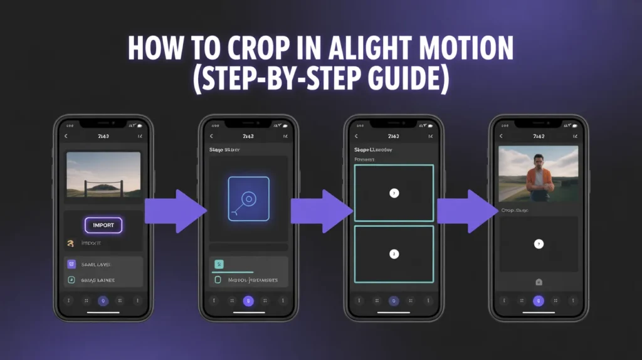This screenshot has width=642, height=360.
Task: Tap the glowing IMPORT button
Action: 103,225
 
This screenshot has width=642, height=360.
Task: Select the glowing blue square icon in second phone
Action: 248,199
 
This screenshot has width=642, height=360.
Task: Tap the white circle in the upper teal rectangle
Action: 394,193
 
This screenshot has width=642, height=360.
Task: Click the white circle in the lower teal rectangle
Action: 394,254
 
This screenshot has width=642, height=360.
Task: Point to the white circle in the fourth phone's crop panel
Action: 539,244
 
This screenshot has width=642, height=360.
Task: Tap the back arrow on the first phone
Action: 66,136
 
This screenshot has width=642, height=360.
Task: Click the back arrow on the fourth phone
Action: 500,136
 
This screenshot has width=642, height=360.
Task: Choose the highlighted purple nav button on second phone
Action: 248,301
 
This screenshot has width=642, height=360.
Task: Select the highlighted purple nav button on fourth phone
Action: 538,301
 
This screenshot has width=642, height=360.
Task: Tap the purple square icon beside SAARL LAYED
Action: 71,264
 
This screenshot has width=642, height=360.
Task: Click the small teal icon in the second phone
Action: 218,264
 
